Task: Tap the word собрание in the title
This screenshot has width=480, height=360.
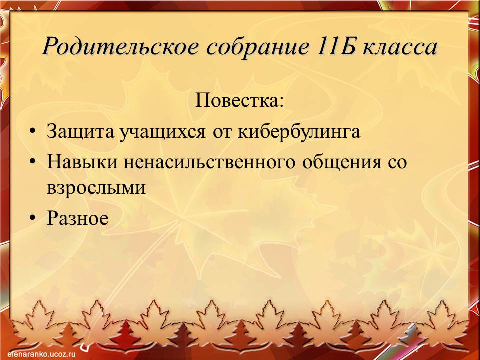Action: click(257, 47)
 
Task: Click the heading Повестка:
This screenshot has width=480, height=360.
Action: click(239, 100)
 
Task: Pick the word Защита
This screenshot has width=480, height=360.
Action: click(80, 132)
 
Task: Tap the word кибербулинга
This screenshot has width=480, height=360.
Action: click(299, 131)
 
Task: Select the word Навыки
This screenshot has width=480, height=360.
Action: click(82, 162)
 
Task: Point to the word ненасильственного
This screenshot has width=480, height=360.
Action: click(209, 162)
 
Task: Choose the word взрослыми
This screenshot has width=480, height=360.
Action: click(96, 187)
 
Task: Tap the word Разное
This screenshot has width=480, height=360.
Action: click(78, 218)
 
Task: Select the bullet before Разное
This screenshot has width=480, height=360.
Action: click(33, 218)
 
